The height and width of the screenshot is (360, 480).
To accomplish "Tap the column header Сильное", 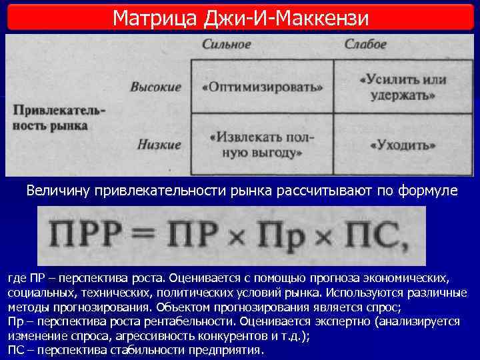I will coord(226,45).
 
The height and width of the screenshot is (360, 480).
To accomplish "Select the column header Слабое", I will coord(365,45).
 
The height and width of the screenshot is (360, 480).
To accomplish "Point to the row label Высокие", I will coord(155,87).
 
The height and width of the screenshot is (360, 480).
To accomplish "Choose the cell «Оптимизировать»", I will coord(261,87).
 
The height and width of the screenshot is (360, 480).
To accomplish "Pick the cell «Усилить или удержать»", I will coord(402,87).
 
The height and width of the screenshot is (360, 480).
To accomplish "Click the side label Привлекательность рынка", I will coord(50,117).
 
